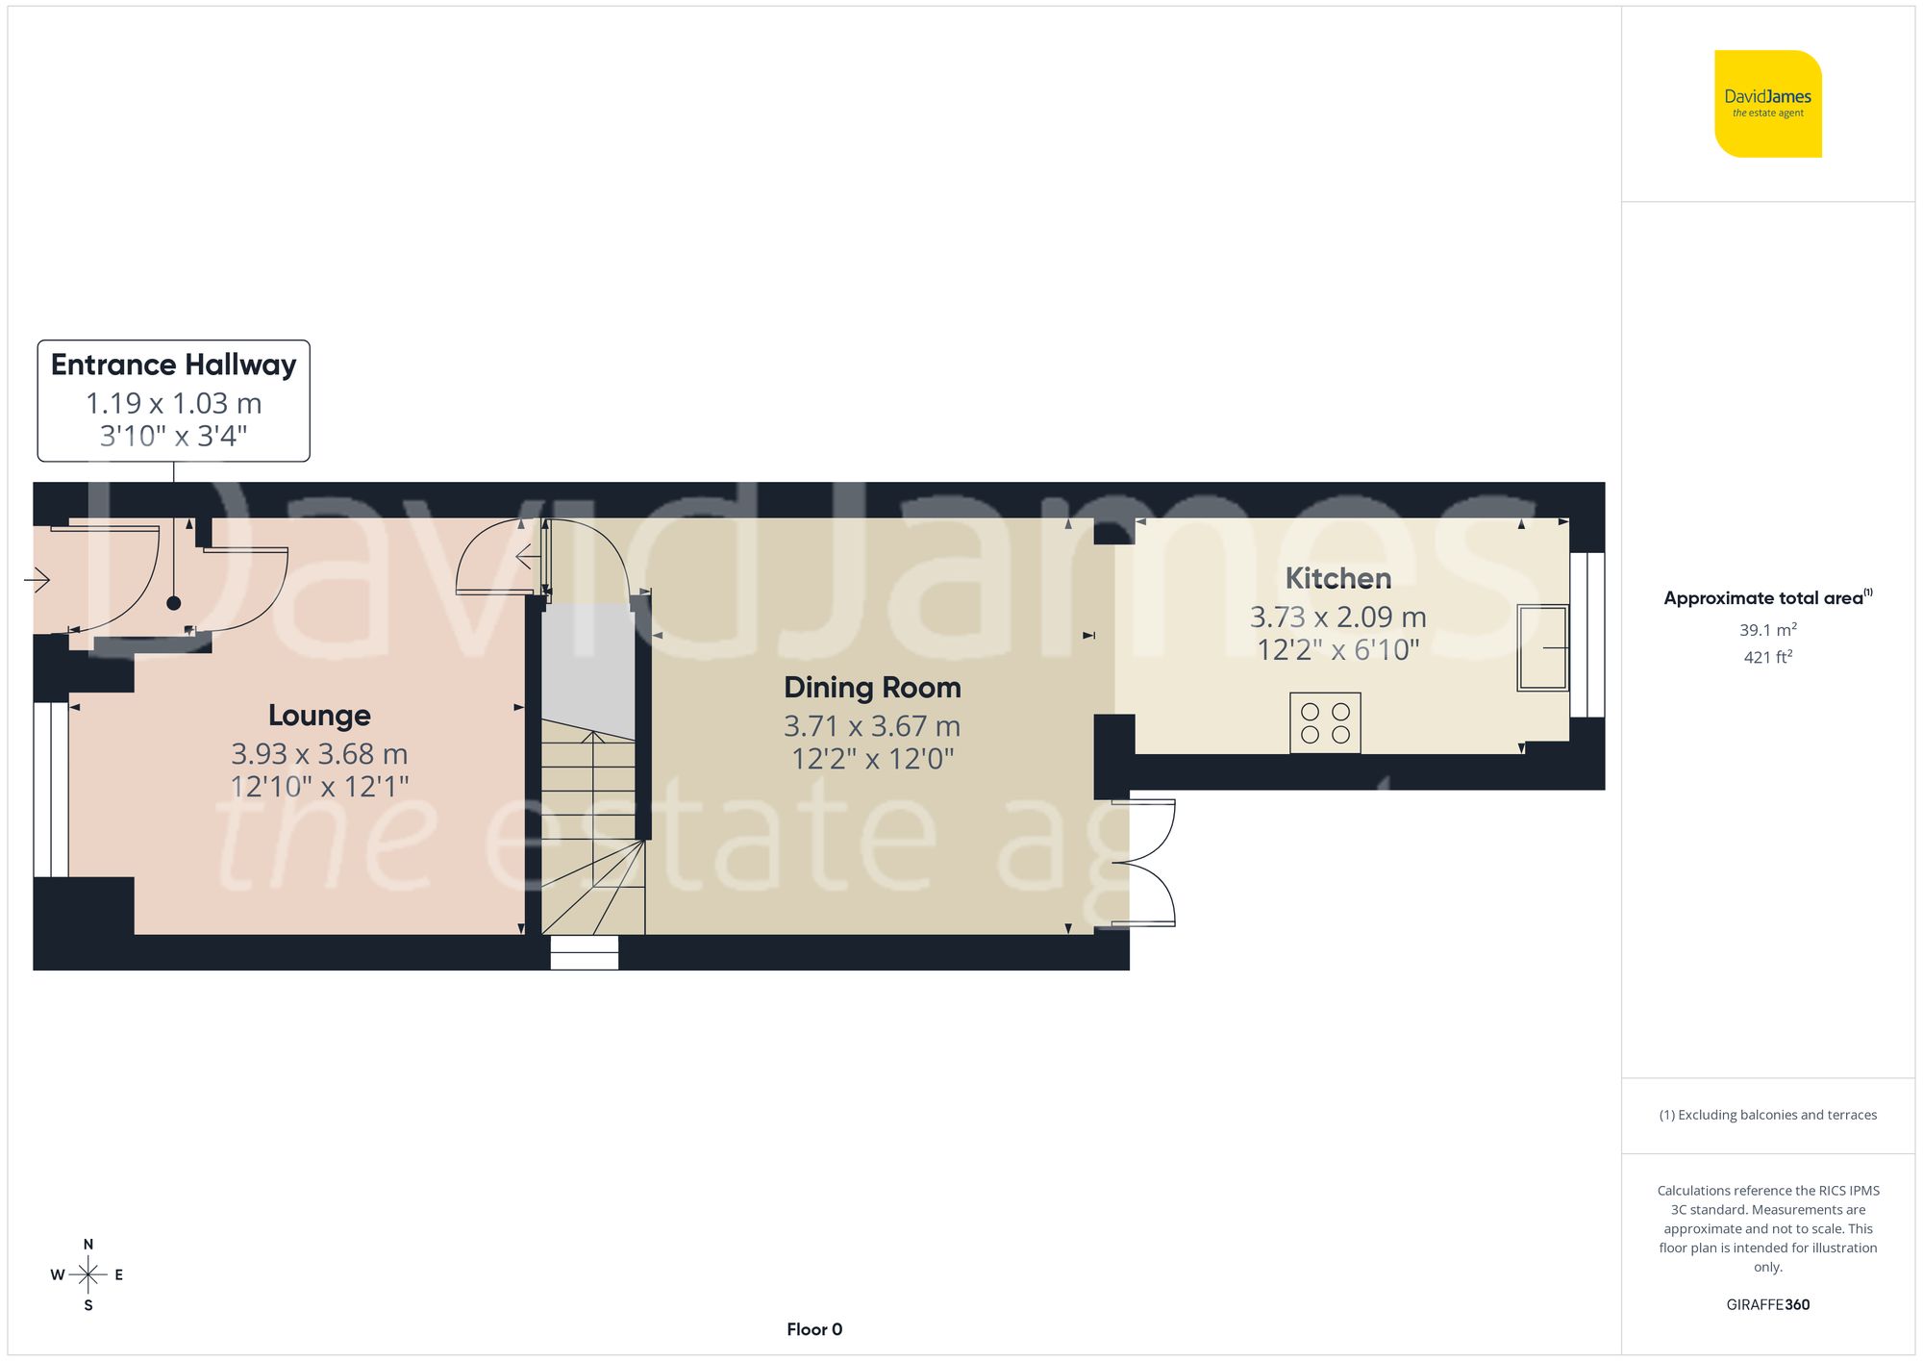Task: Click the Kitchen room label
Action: click(x=1337, y=578)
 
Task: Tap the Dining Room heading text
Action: click(x=872, y=688)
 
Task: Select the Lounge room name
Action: click(x=319, y=716)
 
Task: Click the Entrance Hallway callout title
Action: click(x=173, y=365)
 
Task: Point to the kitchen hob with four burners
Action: click(x=1325, y=723)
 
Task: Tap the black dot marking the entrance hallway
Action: click(x=173, y=603)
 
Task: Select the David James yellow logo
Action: click(x=1767, y=104)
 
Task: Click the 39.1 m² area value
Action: click(x=1767, y=630)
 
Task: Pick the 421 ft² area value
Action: click(x=1767, y=657)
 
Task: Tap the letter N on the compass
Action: click(x=88, y=1245)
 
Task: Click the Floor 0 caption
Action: click(x=814, y=1329)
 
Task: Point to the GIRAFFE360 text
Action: click(x=1767, y=1305)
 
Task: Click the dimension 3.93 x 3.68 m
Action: click(x=319, y=753)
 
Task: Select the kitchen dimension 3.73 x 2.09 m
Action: click(x=1337, y=617)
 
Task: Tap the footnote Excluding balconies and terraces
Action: click(x=1767, y=1115)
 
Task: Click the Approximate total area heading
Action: click(x=1767, y=598)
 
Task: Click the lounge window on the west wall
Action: click(x=51, y=790)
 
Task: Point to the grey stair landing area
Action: click(x=587, y=668)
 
